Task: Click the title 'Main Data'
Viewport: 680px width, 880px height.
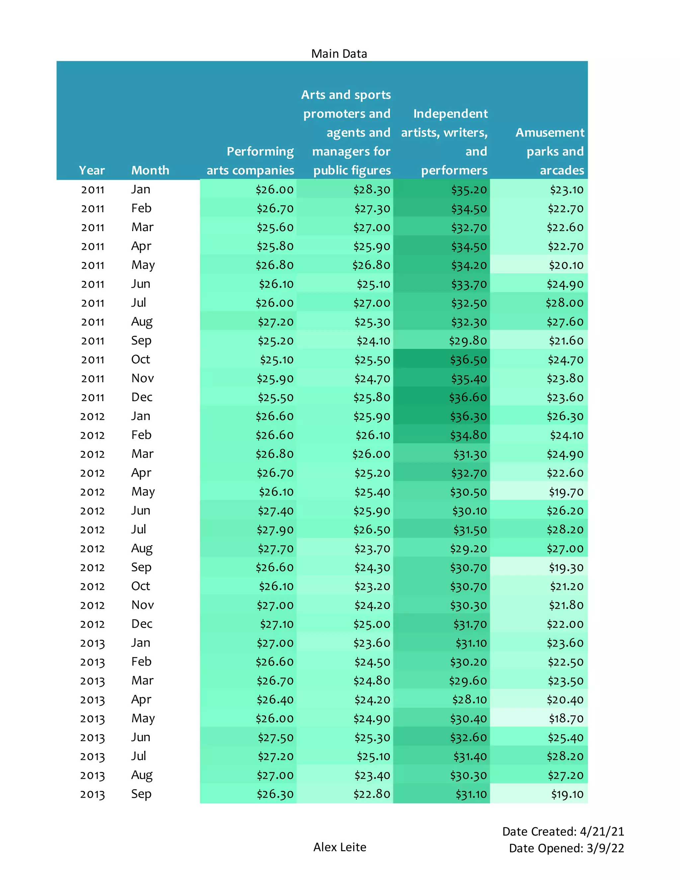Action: (339, 53)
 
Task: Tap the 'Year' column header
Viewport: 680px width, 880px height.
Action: (92, 170)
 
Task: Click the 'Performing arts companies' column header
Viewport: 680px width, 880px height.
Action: (251, 161)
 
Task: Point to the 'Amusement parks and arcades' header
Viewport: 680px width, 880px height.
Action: (550, 151)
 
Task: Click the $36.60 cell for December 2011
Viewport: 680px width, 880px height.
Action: (468, 397)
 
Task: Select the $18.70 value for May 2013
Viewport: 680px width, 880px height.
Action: (566, 718)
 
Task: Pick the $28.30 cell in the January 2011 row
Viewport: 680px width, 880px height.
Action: (372, 190)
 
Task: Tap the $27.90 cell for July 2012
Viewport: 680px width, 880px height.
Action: (275, 530)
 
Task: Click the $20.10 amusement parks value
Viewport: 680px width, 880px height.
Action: (566, 265)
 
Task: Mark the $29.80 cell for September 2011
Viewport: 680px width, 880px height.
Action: (468, 341)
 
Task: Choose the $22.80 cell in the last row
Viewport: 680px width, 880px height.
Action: (372, 794)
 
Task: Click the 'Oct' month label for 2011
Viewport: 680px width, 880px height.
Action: (140, 359)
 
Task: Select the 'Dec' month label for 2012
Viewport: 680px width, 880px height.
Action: (142, 624)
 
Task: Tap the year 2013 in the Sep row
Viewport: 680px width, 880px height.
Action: (92, 794)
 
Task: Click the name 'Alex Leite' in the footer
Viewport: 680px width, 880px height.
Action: (340, 847)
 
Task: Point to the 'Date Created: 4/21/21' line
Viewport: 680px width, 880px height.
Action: (563, 831)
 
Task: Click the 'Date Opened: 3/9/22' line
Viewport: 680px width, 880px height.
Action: (566, 848)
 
